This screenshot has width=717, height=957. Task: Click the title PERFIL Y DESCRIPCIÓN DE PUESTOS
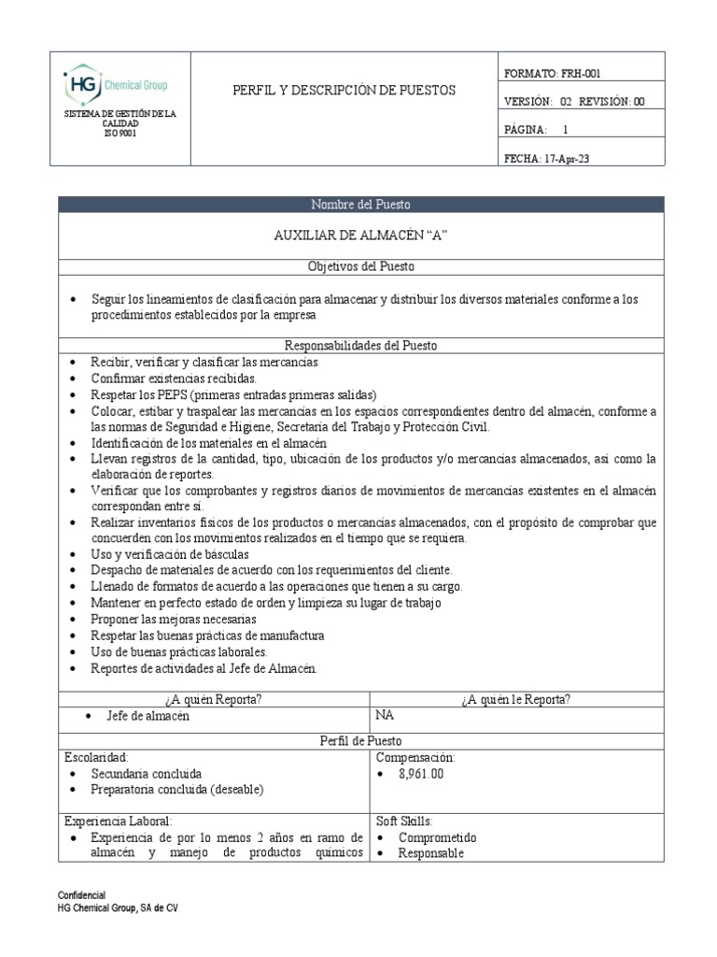click(x=344, y=91)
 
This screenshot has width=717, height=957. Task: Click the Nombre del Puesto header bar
click(x=360, y=205)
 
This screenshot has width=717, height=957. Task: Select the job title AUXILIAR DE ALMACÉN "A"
click(x=360, y=236)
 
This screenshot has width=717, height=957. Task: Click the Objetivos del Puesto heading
click(x=360, y=267)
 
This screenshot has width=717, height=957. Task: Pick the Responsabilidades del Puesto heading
click(x=360, y=346)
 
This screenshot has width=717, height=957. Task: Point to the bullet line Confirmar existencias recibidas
click(x=173, y=379)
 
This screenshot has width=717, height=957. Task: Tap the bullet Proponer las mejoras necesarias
click(x=174, y=619)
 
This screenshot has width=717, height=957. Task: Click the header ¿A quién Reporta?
click(x=215, y=699)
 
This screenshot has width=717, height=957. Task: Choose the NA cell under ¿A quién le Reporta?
click(x=384, y=716)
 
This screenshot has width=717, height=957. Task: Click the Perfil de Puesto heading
click(x=360, y=740)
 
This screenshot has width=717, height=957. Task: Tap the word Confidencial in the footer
click(x=81, y=894)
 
